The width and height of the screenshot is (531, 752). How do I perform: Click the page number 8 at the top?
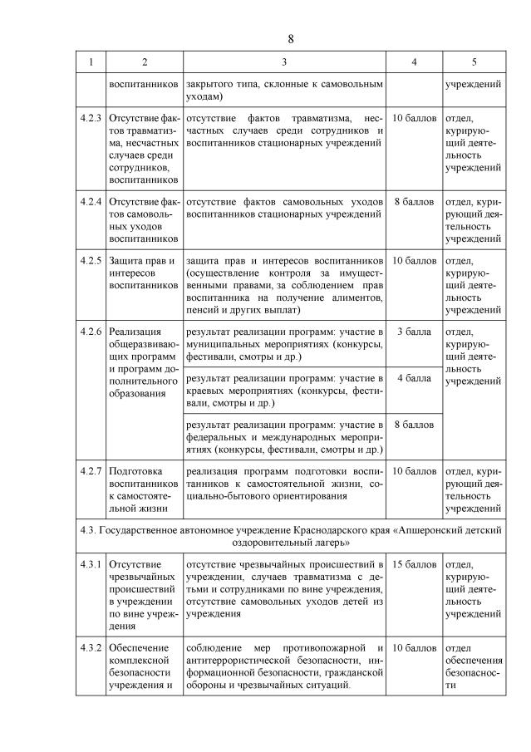(291, 39)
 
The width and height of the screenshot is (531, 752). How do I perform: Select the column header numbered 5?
(474, 62)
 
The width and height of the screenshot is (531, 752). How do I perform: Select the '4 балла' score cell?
(413, 378)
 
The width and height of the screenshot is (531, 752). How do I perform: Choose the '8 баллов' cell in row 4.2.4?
(413, 201)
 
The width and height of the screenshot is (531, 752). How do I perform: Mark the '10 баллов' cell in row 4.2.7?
(413, 470)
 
